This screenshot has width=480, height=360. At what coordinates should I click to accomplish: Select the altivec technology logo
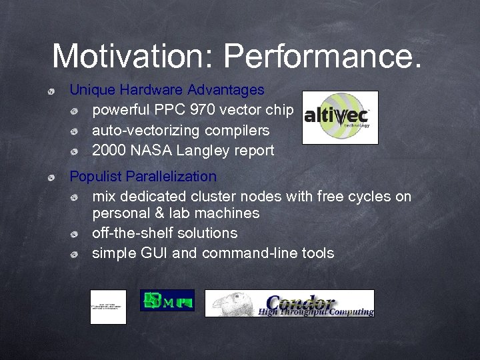pyautogui.click(x=340, y=117)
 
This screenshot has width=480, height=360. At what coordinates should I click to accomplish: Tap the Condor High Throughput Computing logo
pyautogui.click(x=289, y=303)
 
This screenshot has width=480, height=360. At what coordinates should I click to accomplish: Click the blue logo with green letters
pyautogui.click(x=167, y=300)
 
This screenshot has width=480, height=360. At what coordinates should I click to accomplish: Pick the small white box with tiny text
pyautogui.click(x=108, y=307)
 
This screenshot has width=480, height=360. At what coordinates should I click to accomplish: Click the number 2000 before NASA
pyautogui.click(x=109, y=151)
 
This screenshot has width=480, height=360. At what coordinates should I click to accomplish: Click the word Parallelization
pyautogui.click(x=171, y=177)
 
